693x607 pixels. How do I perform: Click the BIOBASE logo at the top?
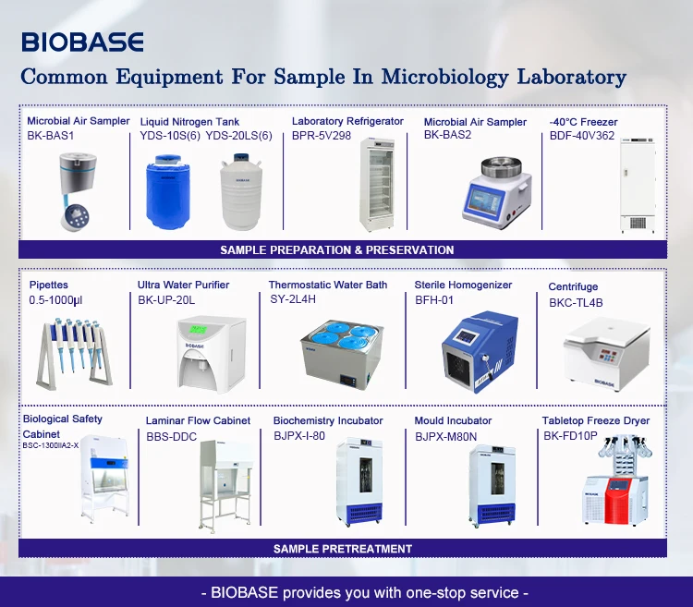(x=82, y=42)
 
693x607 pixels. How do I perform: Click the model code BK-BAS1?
(x=50, y=135)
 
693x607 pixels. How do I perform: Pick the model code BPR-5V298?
(x=322, y=135)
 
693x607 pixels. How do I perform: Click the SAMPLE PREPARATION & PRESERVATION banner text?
(x=337, y=249)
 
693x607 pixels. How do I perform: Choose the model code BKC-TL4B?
(x=575, y=302)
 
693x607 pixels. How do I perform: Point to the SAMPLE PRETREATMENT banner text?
(x=343, y=549)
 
